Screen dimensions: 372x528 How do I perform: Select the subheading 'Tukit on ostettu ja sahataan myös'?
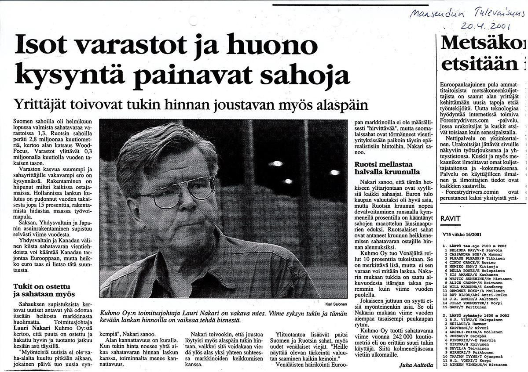click(44, 290)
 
